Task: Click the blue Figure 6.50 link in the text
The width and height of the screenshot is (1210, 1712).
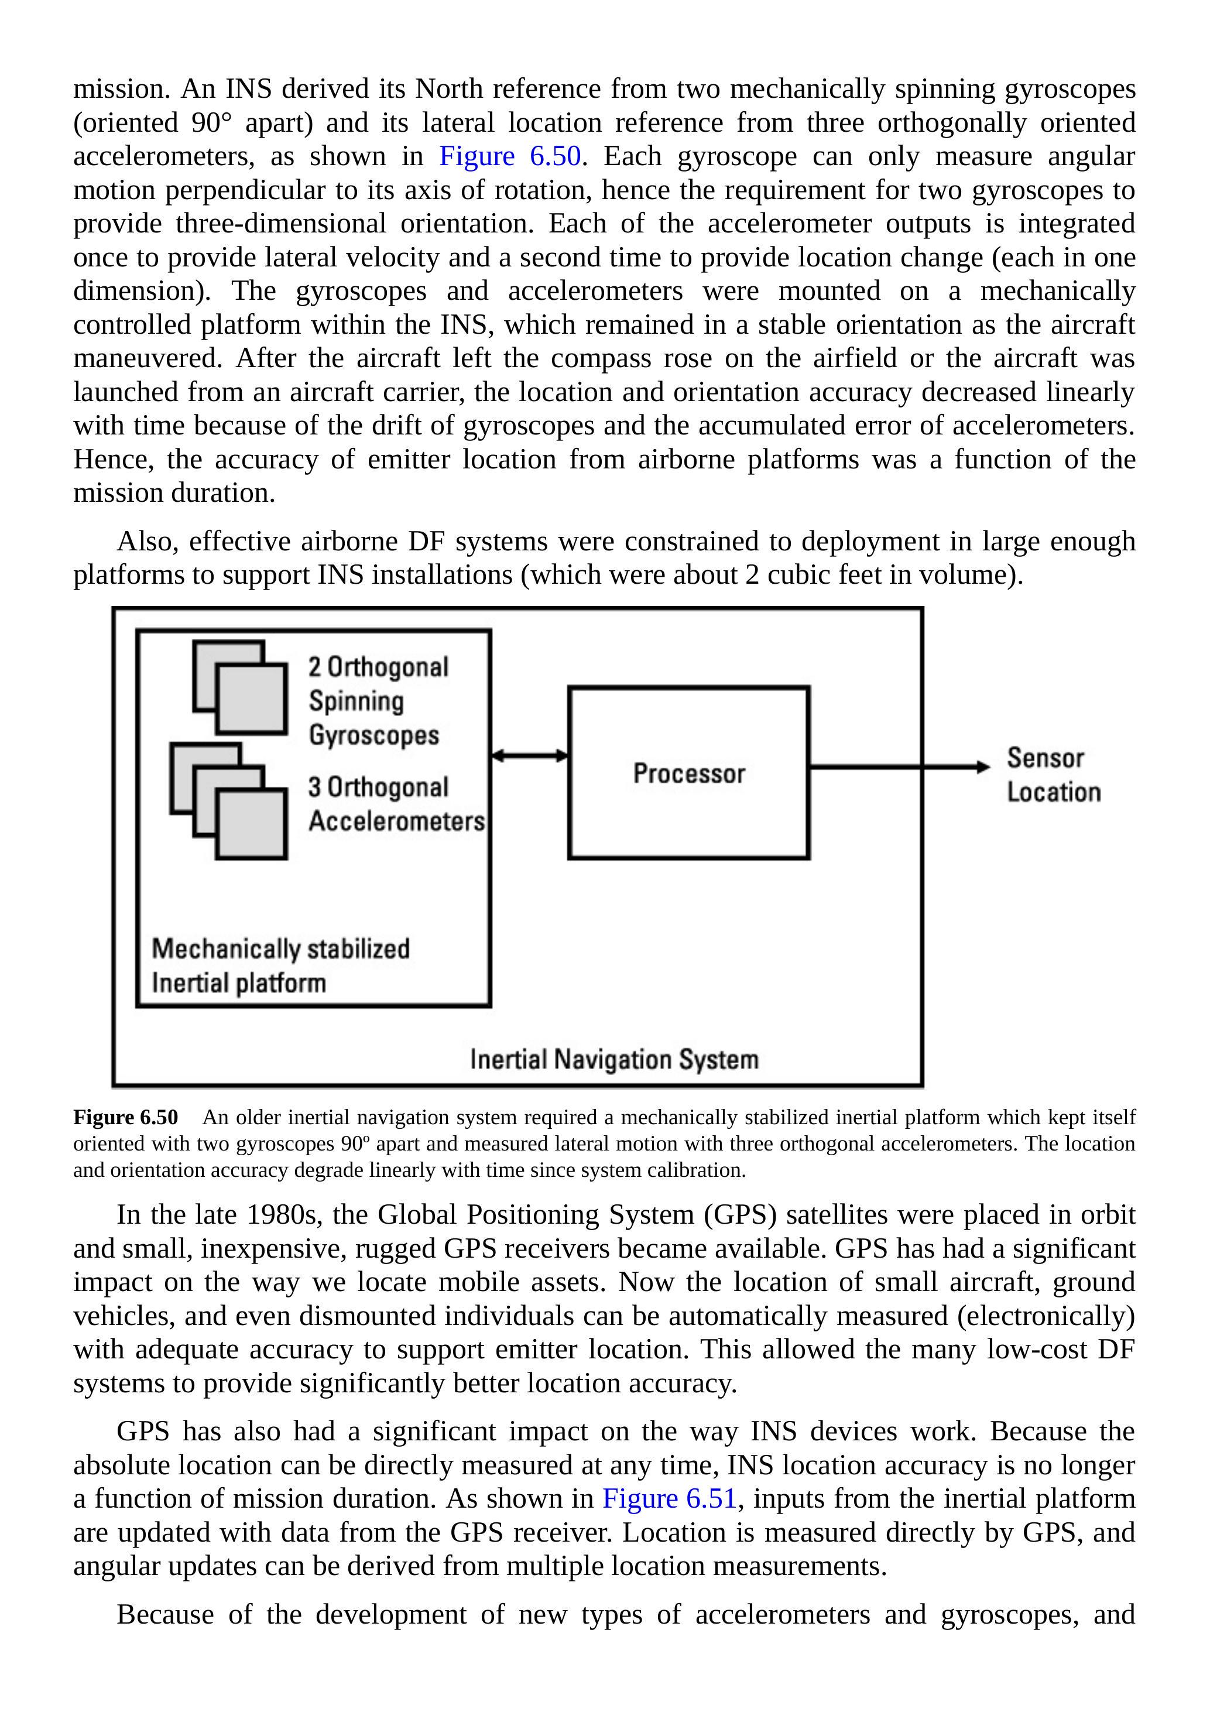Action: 509,156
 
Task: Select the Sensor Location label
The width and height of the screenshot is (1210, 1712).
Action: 1053,775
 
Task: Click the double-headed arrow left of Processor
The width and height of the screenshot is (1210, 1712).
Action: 529,756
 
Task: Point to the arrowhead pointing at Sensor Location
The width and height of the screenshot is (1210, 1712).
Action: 983,766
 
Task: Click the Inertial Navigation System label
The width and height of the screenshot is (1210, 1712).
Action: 613,1060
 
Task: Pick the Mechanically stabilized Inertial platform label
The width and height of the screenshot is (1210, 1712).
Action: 280,965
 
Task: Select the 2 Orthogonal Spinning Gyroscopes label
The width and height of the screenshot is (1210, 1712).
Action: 378,701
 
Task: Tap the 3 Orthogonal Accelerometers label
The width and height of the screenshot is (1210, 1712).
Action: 395,804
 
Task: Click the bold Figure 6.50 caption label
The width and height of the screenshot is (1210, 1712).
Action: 125,1118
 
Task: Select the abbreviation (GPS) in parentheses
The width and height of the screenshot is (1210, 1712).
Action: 739,1215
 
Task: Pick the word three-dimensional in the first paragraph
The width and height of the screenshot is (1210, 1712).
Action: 280,224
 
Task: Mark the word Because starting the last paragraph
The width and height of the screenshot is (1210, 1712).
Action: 164,1615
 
